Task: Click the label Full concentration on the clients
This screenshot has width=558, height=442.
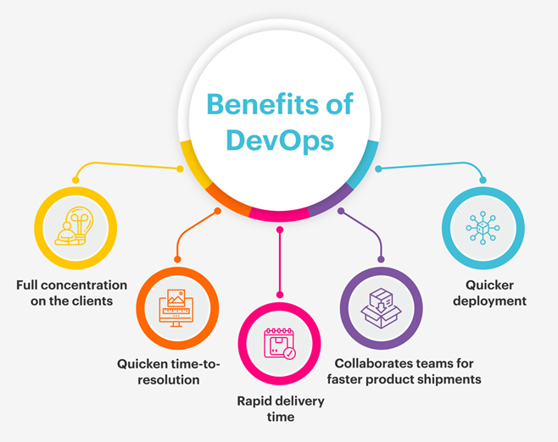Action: (x=72, y=293)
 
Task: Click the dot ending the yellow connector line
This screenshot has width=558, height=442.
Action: (x=75, y=180)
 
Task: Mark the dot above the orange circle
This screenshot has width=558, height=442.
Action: (x=177, y=259)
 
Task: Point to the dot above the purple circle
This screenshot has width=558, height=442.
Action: (x=381, y=259)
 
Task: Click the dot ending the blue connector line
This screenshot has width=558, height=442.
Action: (x=483, y=180)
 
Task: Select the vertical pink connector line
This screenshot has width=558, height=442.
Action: (x=279, y=262)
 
